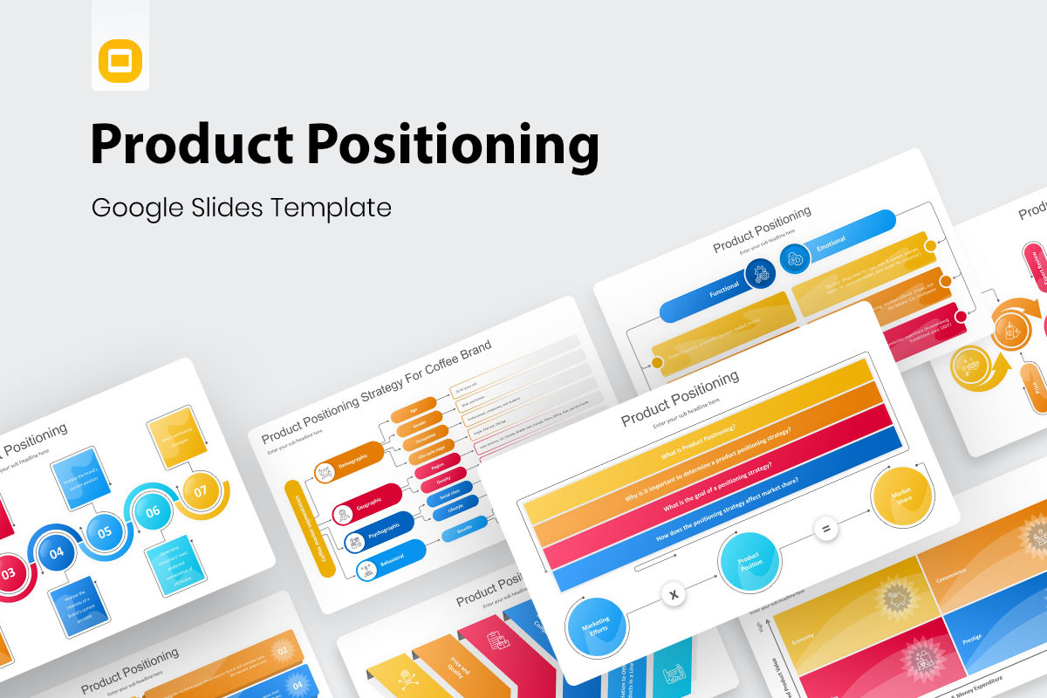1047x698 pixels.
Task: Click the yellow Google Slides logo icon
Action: (120, 60)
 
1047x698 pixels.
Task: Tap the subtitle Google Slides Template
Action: (241, 208)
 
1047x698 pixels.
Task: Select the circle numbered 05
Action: (105, 531)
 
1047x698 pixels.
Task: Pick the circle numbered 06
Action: (153, 511)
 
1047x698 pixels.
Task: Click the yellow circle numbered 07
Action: (202, 491)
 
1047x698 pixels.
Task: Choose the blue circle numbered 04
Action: (57, 551)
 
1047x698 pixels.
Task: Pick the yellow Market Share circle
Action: (902, 497)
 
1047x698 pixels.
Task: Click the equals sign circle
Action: (825, 529)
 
